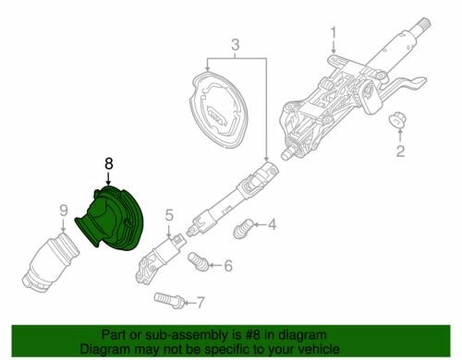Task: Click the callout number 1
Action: (334, 35)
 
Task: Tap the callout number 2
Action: (400, 150)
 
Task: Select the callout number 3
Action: (235, 44)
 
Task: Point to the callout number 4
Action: (272, 224)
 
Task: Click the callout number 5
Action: (169, 215)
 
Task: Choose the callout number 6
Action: (228, 266)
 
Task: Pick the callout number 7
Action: (201, 303)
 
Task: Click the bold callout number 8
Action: (109, 163)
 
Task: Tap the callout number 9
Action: (63, 210)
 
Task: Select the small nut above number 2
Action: (397, 120)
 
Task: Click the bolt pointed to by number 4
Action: (242, 228)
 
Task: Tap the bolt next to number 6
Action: (198, 262)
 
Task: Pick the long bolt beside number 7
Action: (169, 300)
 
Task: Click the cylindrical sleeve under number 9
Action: (51, 263)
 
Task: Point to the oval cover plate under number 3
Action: (218, 110)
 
